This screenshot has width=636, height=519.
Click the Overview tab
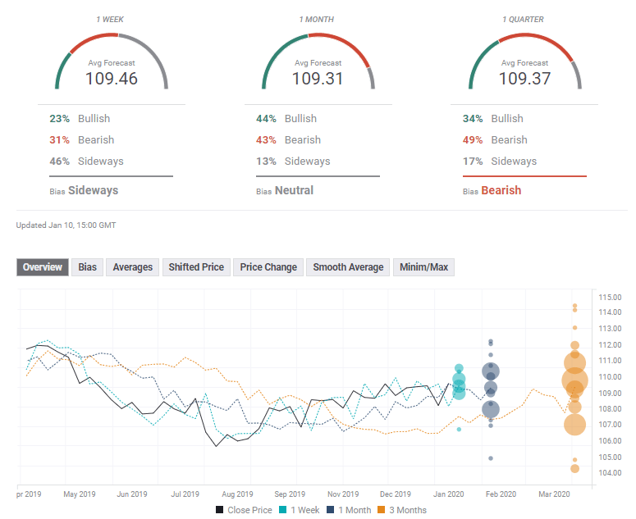[43, 267]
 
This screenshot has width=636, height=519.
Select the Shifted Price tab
[196, 267]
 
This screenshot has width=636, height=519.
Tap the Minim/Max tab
[424, 267]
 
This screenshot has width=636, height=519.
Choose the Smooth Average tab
[348, 267]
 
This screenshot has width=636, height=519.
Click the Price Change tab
[268, 267]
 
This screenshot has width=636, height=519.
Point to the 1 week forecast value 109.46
[112, 79]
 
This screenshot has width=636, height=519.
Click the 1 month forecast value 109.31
[318, 79]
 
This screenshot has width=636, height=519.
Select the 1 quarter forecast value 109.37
[525, 79]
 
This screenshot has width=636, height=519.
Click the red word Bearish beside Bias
[501, 191]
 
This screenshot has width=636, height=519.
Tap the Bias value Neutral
[294, 191]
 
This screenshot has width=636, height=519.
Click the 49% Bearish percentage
[473, 140]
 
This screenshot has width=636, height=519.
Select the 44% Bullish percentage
[266, 119]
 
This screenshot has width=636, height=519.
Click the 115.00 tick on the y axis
[611, 297]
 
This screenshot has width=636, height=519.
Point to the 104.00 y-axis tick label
[611, 473]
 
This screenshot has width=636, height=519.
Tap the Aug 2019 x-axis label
[237, 494]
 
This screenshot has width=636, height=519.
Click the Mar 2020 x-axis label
[554, 494]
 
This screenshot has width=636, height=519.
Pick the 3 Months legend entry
[403, 510]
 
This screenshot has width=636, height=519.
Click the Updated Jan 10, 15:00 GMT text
[66, 225]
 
